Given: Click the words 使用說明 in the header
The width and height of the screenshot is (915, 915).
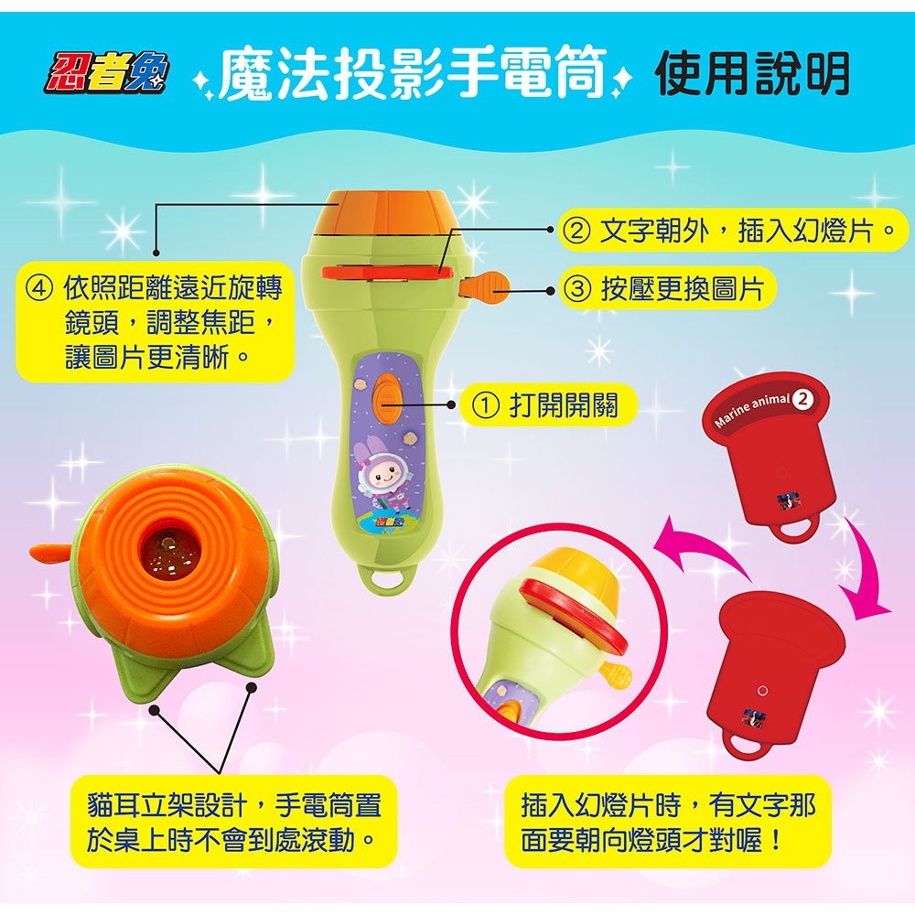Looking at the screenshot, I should (x=752, y=73).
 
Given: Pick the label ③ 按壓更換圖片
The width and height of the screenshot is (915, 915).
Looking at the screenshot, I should (x=667, y=289).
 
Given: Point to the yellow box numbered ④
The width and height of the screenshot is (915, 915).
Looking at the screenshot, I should (x=156, y=320).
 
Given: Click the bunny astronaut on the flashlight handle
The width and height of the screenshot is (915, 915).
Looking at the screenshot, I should (x=383, y=476).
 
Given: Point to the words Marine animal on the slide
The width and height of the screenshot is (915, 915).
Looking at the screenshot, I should (x=752, y=409).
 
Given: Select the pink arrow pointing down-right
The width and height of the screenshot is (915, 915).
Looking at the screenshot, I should (x=864, y=567).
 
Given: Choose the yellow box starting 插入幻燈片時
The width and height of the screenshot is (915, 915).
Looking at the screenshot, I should (x=668, y=821).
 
